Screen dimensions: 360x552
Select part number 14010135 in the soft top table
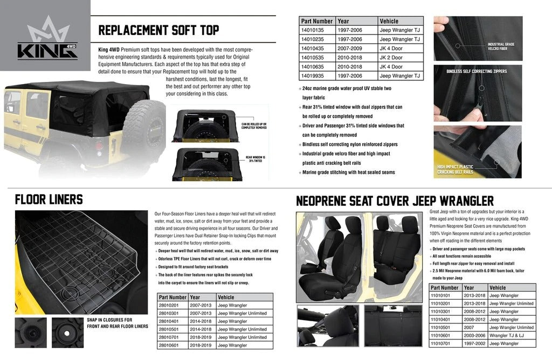(x=316, y=30)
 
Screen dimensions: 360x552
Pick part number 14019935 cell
(x=316, y=76)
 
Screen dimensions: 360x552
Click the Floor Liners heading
(x=49, y=200)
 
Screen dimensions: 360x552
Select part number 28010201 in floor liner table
(x=172, y=305)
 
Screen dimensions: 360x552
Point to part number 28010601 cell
(x=172, y=345)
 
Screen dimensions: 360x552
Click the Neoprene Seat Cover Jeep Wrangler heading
(x=395, y=202)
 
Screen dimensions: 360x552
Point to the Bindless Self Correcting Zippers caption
(x=477, y=71)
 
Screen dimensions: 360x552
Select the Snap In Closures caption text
(x=117, y=323)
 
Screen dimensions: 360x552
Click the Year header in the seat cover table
(x=470, y=288)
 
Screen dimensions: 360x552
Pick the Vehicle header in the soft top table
(x=389, y=21)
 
